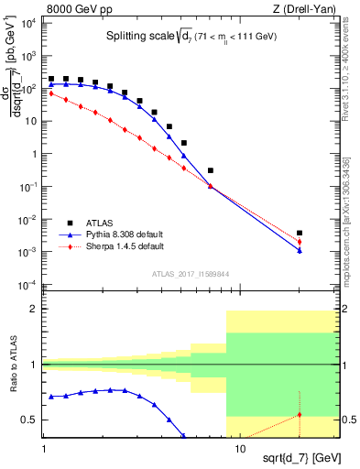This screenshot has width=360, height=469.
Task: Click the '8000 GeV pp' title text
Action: (x=80, y=8)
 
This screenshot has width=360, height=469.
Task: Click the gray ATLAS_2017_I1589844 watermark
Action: (x=189, y=272)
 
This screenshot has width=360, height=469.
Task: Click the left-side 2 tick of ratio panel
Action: (x=35, y=310)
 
